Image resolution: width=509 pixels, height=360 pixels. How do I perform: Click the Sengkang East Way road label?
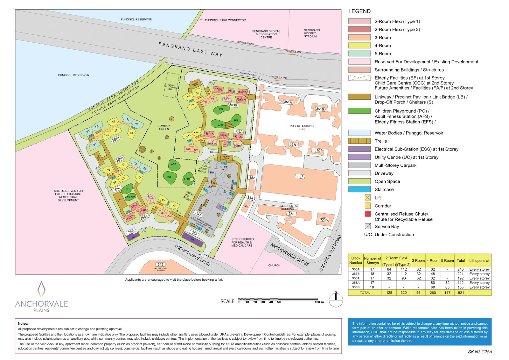191,49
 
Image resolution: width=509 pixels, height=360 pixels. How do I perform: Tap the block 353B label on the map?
233,105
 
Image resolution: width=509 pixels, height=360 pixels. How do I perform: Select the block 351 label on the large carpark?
300,176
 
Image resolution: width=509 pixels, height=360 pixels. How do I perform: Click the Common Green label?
164,127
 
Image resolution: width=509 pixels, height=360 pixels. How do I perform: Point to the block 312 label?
161,265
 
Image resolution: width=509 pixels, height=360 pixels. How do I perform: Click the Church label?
274,265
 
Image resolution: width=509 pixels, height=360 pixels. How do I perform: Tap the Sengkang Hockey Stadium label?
311,33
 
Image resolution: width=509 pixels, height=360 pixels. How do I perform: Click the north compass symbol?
336,300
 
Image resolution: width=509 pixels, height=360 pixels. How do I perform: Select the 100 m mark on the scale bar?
319,302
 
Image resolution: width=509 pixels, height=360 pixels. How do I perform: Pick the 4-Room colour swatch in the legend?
359,46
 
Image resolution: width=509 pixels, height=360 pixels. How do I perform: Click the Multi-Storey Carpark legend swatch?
359,165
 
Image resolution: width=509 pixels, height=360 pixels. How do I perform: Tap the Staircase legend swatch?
359,189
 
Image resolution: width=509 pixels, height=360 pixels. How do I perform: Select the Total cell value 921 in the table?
461,293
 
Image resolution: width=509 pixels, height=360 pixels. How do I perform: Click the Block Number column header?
356,260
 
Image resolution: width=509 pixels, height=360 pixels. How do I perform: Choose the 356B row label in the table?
356,287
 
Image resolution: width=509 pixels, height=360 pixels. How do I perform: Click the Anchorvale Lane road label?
192,255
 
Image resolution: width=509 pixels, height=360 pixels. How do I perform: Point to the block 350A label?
324,220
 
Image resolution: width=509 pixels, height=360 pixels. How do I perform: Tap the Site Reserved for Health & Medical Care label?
242,242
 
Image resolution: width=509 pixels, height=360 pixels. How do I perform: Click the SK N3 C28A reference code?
480,352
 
